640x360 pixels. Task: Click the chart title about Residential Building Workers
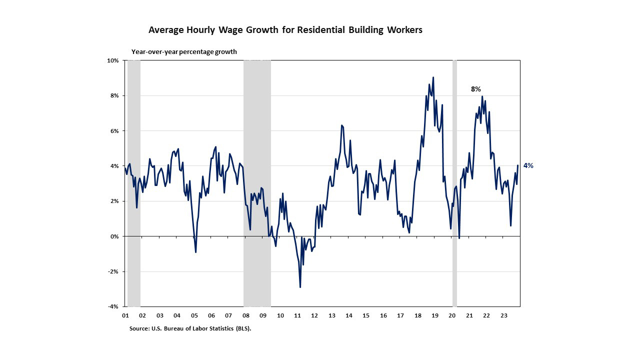click(285, 30)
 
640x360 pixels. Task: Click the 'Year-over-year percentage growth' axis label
click(184, 51)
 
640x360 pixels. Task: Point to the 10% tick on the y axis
click(113, 60)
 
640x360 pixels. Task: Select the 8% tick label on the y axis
click(114, 95)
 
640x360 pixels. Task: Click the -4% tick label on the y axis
click(113, 306)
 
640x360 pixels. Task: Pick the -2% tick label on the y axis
click(113, 271)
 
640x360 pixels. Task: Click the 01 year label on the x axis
click(125, 316)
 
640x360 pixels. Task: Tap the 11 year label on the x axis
click(297, 316)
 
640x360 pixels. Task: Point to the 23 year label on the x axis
click(504, 316)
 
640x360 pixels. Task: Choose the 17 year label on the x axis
click(400, 316)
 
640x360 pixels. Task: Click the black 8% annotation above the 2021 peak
click(475, 89)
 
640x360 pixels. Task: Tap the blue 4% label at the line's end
click(528, 165)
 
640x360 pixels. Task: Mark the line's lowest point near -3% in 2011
click(300, 287)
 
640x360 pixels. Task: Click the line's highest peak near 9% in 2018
click(433, 77)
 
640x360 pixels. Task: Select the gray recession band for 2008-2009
click(257, 150)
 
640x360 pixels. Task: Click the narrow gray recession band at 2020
click(454, 150)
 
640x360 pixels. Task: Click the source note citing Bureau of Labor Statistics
click(190, 328)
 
